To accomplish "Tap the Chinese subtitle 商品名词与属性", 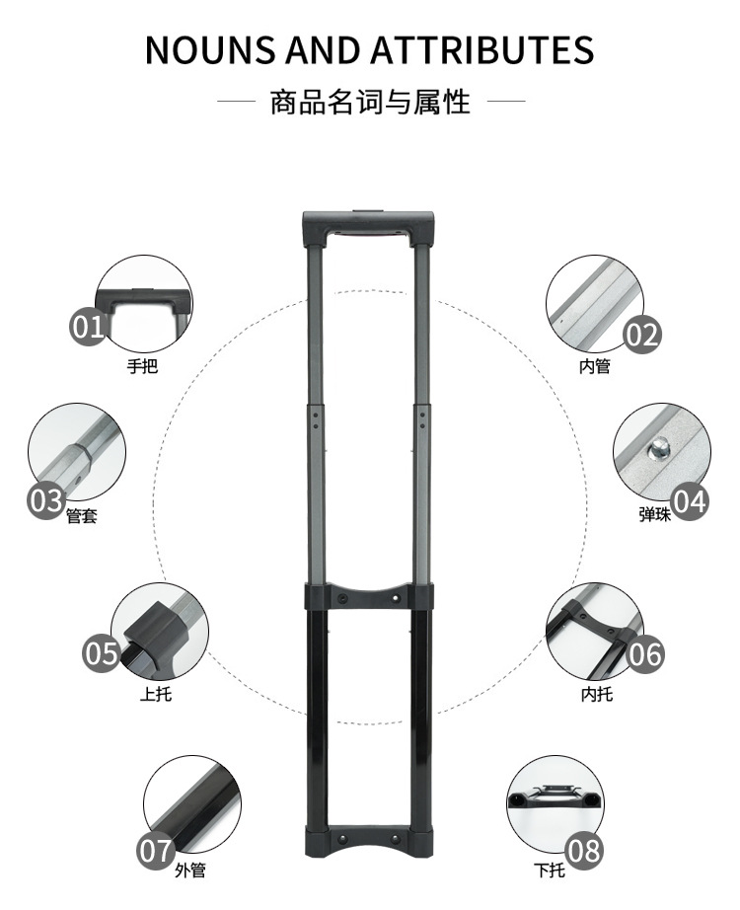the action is coord(370,101).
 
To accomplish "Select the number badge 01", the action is coord(88,326).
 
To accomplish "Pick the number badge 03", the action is coord(46,500).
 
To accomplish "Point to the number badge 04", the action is coord(691,501).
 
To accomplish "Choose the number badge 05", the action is coord(101,652).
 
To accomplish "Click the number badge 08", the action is coord(584,850).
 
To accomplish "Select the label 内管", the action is coord(595,367).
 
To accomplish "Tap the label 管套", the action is coord(81,515).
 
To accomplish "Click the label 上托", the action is coord(155,694).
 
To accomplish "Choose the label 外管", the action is coord(190,871).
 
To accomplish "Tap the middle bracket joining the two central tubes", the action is coord(367,597).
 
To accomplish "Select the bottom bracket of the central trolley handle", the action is coord(367,838).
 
